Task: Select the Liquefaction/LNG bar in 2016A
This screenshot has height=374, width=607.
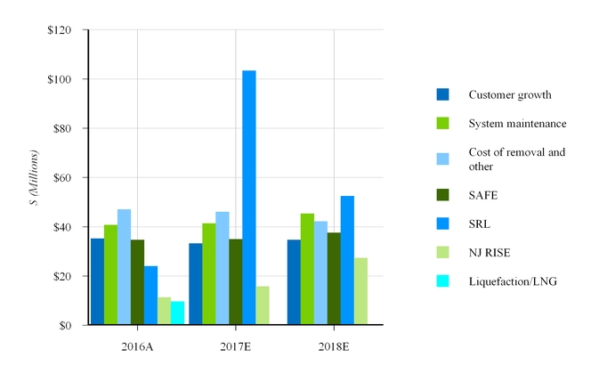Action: [x=177, y=313]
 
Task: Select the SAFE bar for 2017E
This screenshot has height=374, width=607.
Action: [x=236, y=281]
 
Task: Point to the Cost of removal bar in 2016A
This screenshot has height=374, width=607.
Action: [x=124, y=267]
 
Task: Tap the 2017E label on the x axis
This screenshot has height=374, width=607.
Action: [x=236, y=345]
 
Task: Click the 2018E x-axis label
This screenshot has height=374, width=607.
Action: [x=334, y=345]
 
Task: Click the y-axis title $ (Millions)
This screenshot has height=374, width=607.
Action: [x=34, y=178]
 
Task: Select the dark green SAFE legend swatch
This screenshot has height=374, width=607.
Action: [x=442, y=194]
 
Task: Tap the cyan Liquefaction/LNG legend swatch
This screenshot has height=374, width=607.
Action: [x=442, y=281]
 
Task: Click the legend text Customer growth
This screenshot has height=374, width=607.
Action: [x=510, y=94]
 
